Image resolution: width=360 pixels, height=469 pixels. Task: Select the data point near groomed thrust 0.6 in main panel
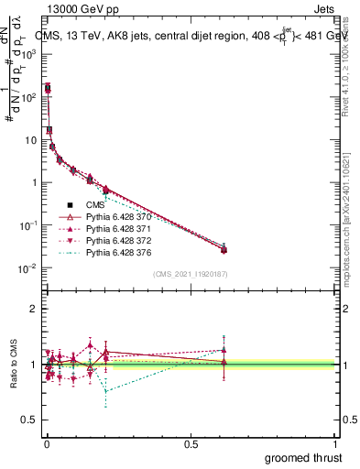pyautogui.click(x=224, y=249)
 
